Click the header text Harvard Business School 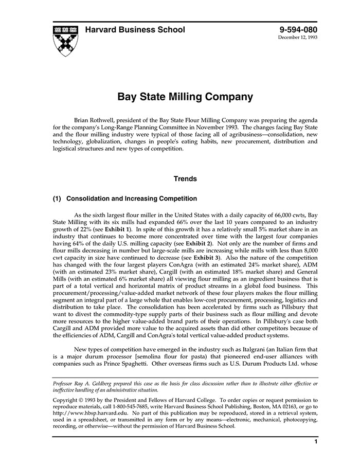(x=135, y=30)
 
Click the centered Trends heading (x=185, y=179)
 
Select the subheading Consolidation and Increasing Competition (x=132, y=199)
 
